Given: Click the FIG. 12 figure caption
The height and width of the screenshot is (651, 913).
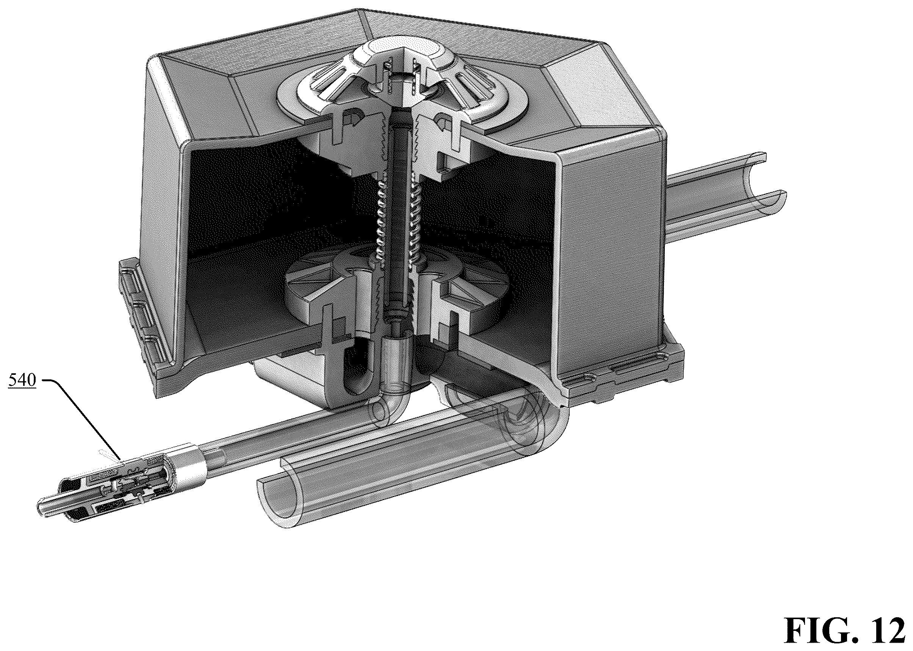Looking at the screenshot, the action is point(844,629).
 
